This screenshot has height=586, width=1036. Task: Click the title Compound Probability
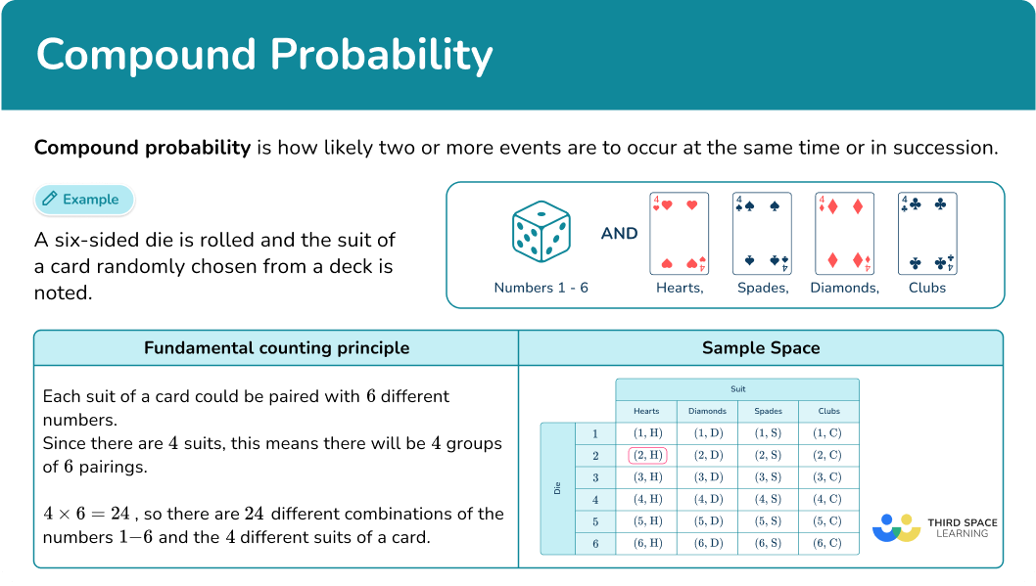click(264, 56)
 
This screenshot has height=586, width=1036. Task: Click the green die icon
click(540, 234)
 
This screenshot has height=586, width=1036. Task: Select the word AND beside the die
click(619, 234)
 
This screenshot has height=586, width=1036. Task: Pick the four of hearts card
click(679, 233)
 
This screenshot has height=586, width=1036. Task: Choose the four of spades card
click(762, 233)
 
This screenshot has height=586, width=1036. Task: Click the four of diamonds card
click(844, 233)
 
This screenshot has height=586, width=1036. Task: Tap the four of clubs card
click(927, 233)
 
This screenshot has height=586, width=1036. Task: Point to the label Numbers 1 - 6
click(541, 288)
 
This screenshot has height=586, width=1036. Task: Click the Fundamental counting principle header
click(276, 348)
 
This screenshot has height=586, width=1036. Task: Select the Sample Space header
click(761, 348)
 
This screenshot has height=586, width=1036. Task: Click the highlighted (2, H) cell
click(646, 455)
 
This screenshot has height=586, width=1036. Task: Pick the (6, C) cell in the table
click(828, 544)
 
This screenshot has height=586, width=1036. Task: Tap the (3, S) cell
click(768, 477)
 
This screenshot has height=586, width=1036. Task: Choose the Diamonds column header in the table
click(707, 412)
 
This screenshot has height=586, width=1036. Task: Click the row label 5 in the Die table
click(594, 521)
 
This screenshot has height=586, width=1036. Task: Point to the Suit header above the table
click(737, 388)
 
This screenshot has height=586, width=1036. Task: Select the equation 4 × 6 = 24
click(87, 515)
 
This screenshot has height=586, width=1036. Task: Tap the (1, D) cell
click(707, 432)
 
